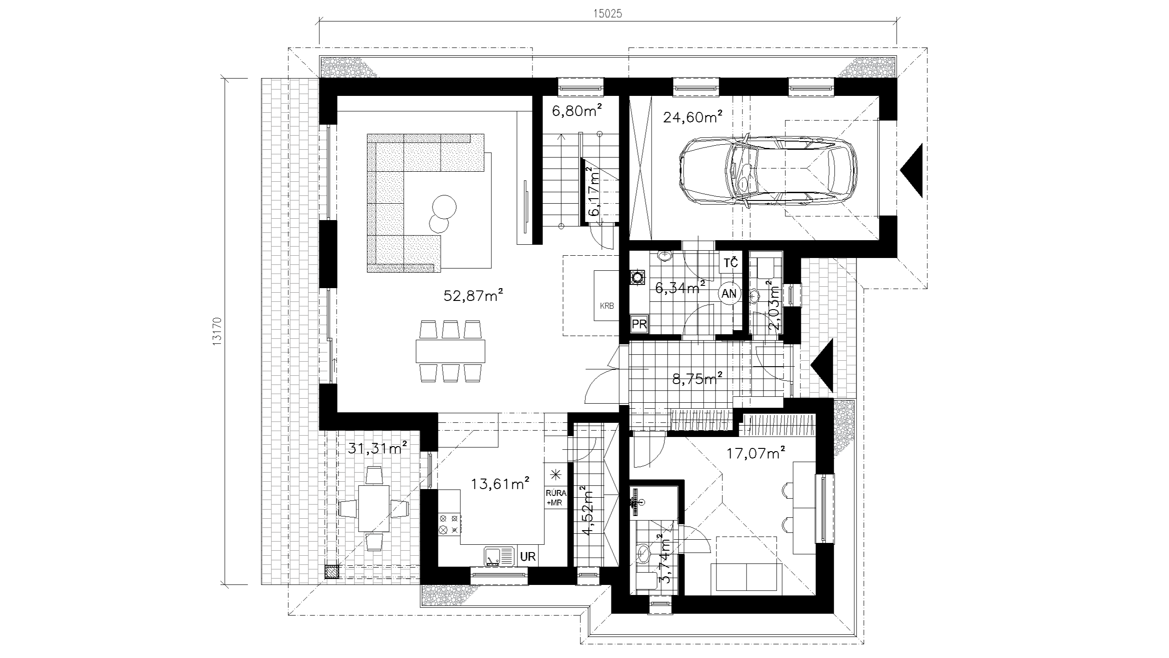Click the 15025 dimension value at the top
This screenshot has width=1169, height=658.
(x=608, y=14)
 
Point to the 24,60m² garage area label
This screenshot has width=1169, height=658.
(x=692, y=117)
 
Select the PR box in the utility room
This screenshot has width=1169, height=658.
(x=639, y=324)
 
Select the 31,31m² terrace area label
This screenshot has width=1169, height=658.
(x=378, y=448)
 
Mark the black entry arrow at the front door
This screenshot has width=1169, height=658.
(x=822, y=365)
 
